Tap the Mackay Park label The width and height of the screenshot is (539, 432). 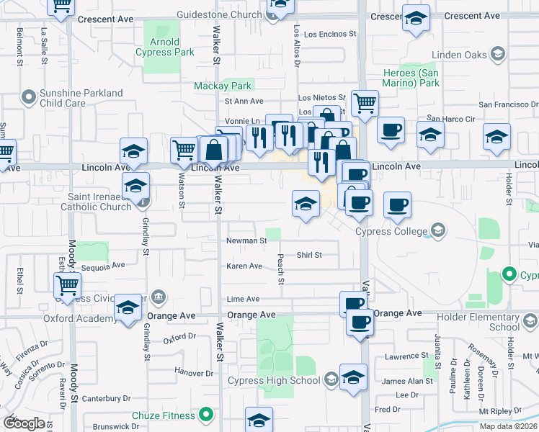tap(223, 86)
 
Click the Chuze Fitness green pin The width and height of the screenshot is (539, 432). tap(206, 415)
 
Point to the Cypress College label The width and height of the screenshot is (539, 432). tap(391, 231)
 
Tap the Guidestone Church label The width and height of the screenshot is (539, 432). tap(220, 14)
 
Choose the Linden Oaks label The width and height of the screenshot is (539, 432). tap(458, 55)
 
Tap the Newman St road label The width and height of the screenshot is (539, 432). tap(246, 241)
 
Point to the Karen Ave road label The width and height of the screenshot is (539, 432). tap(244, 266)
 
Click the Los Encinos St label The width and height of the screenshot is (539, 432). tap(330, 34)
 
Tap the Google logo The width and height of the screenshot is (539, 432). tap(23, 423)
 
